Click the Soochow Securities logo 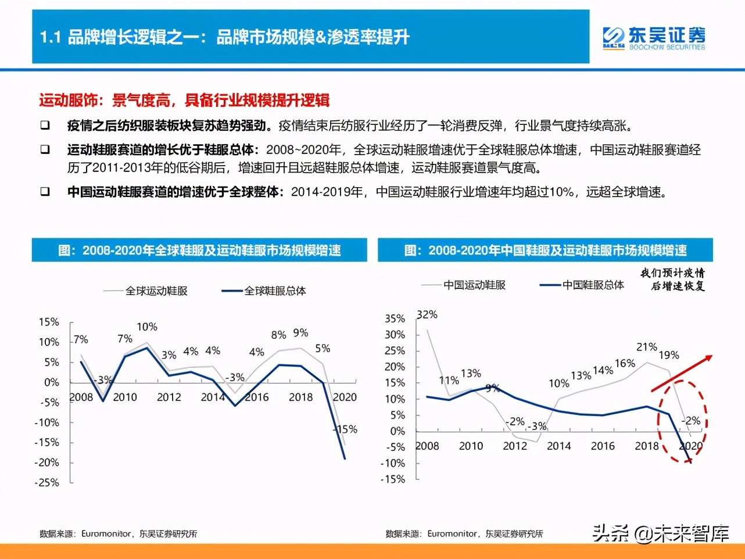653,38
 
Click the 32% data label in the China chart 427,314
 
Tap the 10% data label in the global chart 147,327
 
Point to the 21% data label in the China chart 647,347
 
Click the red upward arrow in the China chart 681,373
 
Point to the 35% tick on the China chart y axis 395,318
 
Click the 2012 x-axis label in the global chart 169,397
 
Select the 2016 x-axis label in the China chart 603,446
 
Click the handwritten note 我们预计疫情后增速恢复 672,279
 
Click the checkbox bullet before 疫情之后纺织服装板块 45,126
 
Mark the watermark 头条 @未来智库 660,532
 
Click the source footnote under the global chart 119,533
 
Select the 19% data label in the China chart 669,355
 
